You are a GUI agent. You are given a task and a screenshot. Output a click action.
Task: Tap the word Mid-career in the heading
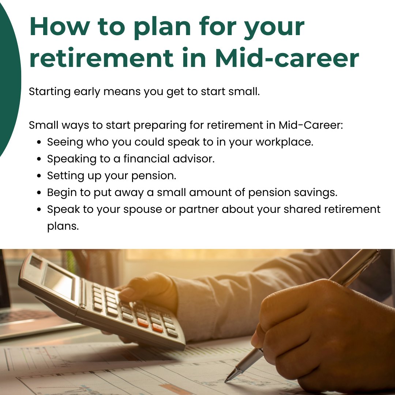287,58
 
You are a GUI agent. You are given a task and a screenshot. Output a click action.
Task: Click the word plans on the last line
63,226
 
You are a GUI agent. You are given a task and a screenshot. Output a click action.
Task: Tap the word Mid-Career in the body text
311,125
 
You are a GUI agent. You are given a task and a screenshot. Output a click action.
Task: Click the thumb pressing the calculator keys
129,293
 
